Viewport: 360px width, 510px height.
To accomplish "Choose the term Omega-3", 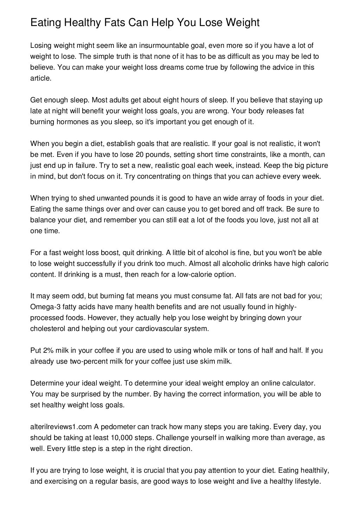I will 43,307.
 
